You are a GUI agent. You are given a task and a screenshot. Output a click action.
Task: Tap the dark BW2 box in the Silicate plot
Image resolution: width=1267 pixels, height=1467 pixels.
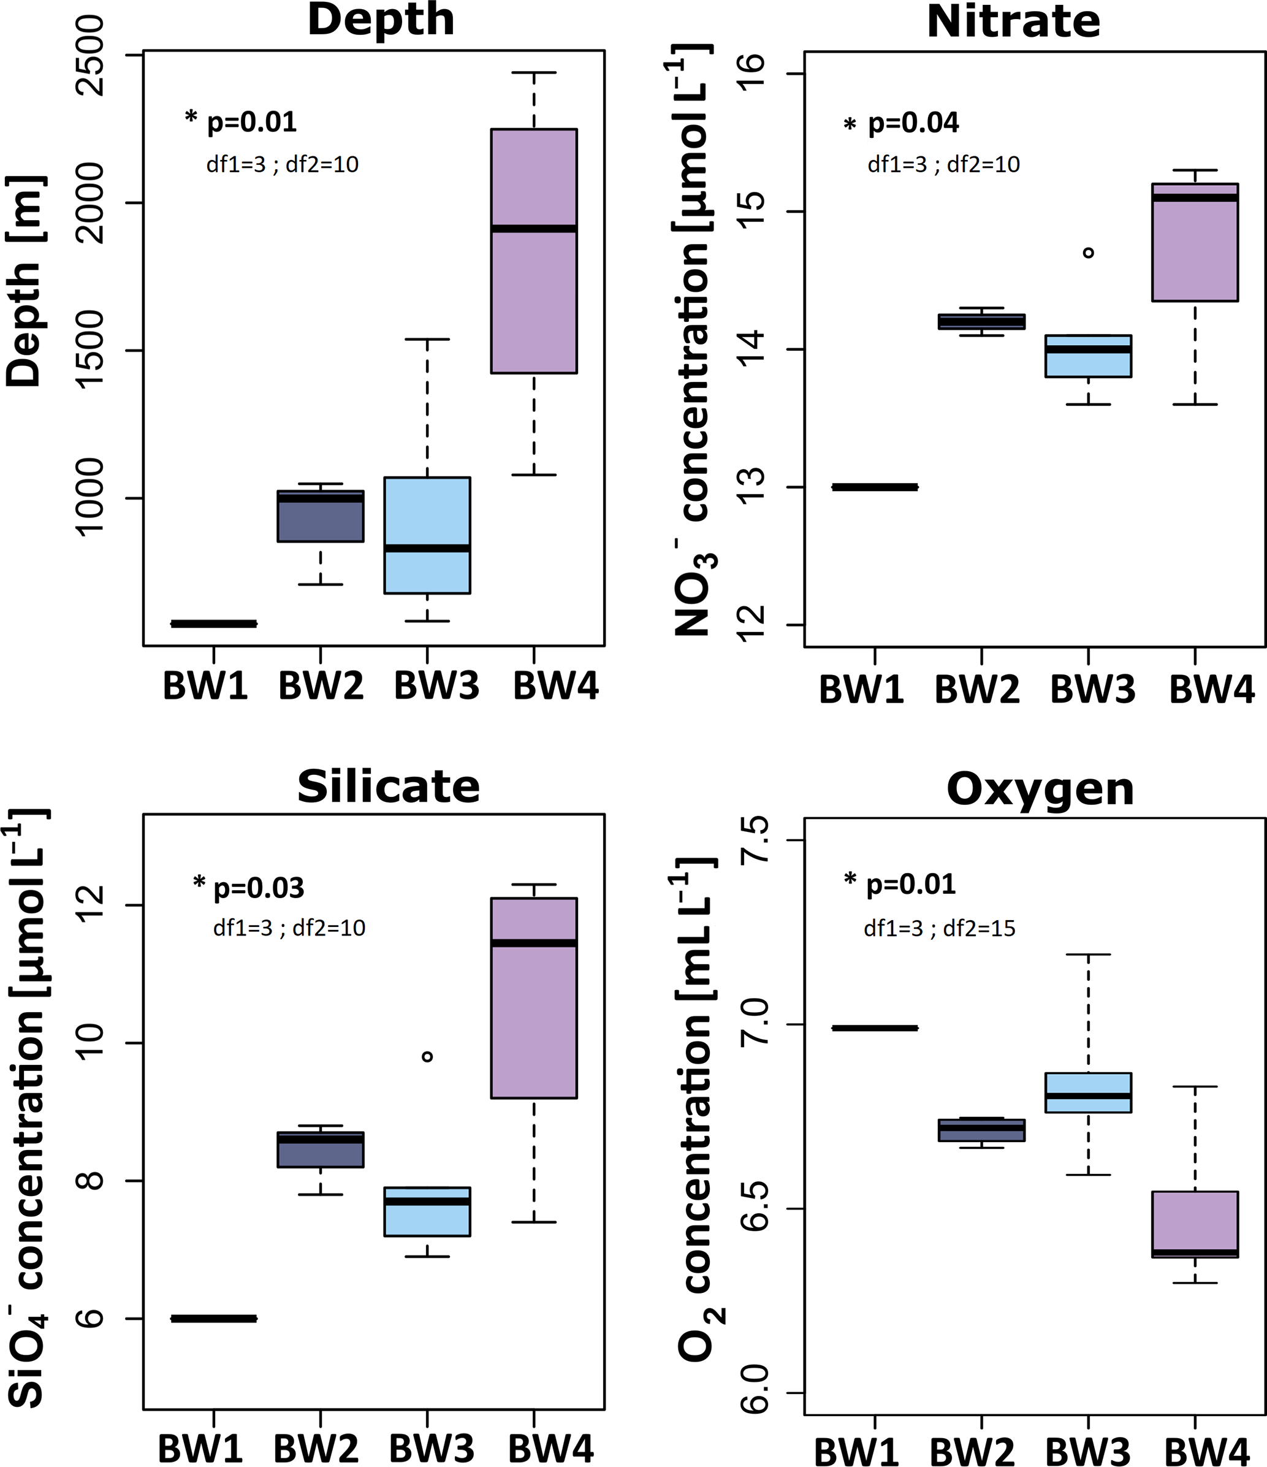pyautogui.click(x=321, y=1149)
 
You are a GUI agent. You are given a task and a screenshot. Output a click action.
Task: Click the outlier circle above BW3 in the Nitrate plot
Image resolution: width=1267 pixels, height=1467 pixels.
pyautogui.click(x=1089, y=253)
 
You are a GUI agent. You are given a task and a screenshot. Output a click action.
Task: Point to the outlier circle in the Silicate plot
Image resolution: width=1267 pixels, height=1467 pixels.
pyautogui.click(x=427, y=1057)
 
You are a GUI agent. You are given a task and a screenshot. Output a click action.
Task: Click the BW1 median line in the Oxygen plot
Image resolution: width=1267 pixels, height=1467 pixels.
pyautogui.click(x=875, y=1028)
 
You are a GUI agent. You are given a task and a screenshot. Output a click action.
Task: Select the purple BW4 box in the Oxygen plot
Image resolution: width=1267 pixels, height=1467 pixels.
pyautogui.click(x=1195, y=1224)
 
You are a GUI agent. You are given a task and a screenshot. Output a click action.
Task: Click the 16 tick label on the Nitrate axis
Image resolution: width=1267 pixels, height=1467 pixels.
pyautogui.click(x=751, y=74)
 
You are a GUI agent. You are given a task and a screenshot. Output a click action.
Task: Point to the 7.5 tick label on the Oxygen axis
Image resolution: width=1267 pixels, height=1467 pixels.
pyautogui.click(x=755, y=840)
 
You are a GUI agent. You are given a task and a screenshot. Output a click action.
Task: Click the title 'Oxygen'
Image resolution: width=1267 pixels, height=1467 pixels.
pyautogui.click(x=1040, y=789)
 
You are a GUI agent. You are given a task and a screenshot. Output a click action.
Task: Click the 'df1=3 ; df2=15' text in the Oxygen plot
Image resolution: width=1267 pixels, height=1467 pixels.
pyautogui.click(x=939, y=928)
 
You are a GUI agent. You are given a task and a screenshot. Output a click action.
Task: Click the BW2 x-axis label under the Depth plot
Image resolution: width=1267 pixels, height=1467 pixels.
pyautogui.click(x=321, y=685)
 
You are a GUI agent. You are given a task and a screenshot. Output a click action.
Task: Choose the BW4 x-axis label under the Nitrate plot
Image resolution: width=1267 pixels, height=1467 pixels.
pyautogui.click(x=1211, y=688)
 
